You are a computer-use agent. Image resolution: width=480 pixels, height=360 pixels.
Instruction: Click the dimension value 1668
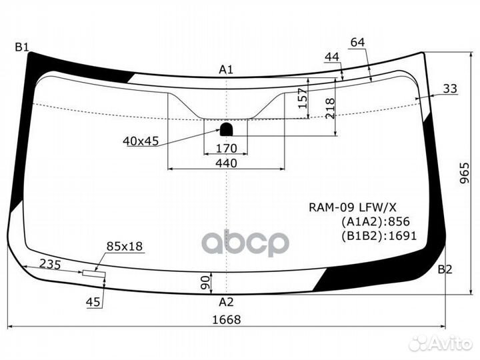(227, 319)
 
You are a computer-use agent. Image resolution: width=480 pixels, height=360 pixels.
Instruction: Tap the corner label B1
(22, 47)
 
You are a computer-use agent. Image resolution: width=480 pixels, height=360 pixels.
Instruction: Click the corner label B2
(445, 269)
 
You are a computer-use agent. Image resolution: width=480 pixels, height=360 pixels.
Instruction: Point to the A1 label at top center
(227, 69)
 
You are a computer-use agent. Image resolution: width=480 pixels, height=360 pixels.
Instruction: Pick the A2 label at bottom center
(227, 301)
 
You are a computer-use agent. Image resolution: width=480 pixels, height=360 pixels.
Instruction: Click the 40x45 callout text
(141, 141)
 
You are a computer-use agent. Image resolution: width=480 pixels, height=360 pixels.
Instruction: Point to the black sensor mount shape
(227, 128)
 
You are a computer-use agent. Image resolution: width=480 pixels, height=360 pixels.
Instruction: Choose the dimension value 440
(227, 162)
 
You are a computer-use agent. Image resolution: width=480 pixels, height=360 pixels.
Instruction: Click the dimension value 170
(227, 147)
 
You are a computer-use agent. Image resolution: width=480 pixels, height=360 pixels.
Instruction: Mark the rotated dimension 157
(302, 100)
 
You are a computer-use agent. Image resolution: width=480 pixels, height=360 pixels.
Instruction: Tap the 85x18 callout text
(125, 247)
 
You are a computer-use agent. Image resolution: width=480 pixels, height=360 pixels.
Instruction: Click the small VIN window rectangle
(93, 273)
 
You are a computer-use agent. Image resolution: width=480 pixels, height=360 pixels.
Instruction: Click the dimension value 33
(450, 88)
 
